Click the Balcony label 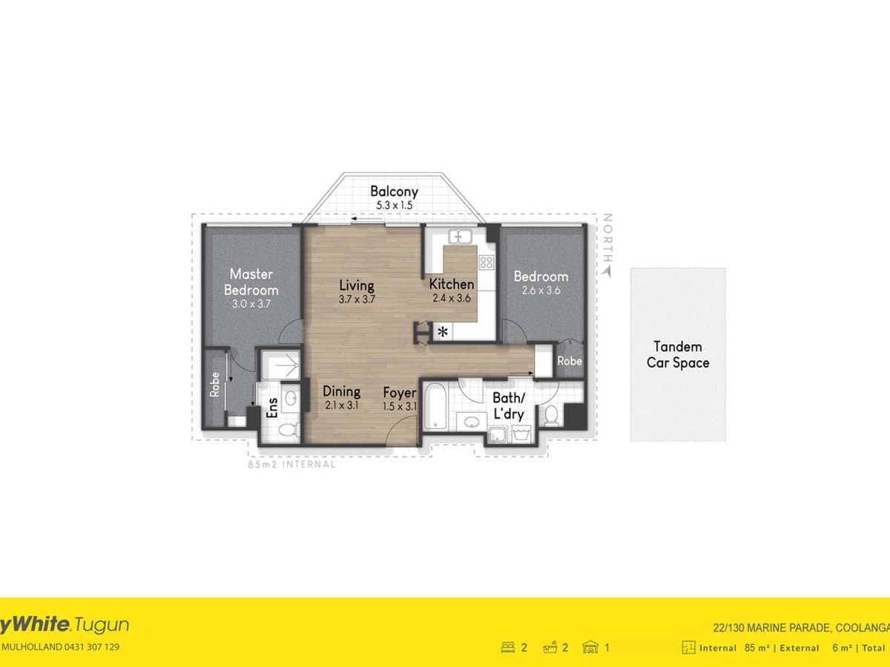click(x=394, y=191)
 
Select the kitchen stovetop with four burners click(x=487, y=261)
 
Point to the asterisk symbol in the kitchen click(x=443, y=332)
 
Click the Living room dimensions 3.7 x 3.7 click(x=356, y=299)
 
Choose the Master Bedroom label click(x=251, y=282)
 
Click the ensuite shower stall click(x=280, y=365)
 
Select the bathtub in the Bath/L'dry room click(x=435, y=408)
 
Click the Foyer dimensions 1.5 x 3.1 click(x=400, y=405)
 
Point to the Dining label click(x=341, y=391)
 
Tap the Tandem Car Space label click(x=678, y=354)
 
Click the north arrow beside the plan click(x=607, y=272)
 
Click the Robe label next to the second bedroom click(x=570, y=361)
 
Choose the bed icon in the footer click(x=509, y=647)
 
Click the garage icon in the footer click(x=590, y=647)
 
